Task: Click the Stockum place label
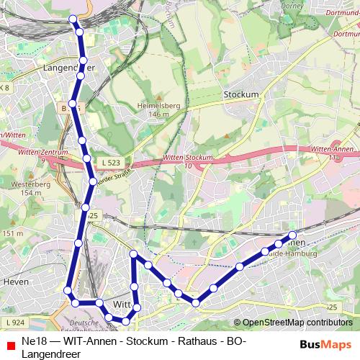pos(240,94)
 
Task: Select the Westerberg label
pos(25,184)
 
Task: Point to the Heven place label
pos(16,282)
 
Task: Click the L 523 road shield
pos(110,163)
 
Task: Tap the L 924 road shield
pos(14,322)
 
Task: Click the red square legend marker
pos(10,346)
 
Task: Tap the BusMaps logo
pos(326,345)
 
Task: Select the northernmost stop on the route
pos(73,19)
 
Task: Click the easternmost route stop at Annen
pos(292,235)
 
